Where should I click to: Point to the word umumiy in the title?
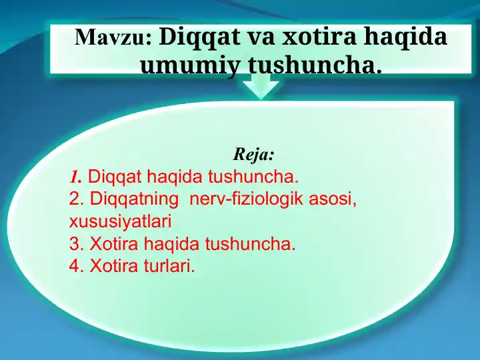[191, 65]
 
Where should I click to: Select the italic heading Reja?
[253, 155]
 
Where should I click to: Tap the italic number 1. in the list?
[76, 177]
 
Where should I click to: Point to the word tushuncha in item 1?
[253, 177]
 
